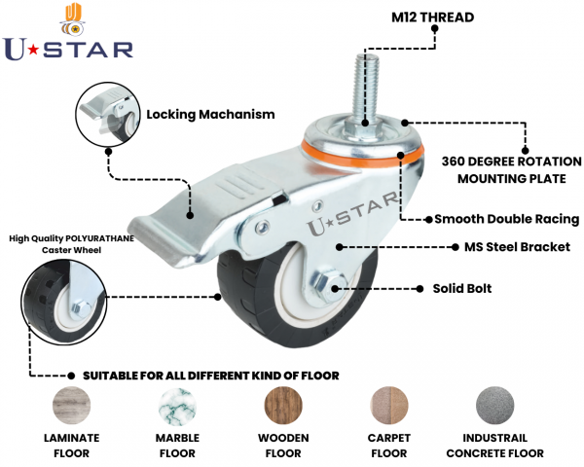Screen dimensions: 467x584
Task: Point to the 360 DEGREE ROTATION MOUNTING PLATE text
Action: pyautogui.click(x=511, y=169)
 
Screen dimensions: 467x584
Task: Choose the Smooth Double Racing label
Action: pyautogui.click(x=506, y=219)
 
